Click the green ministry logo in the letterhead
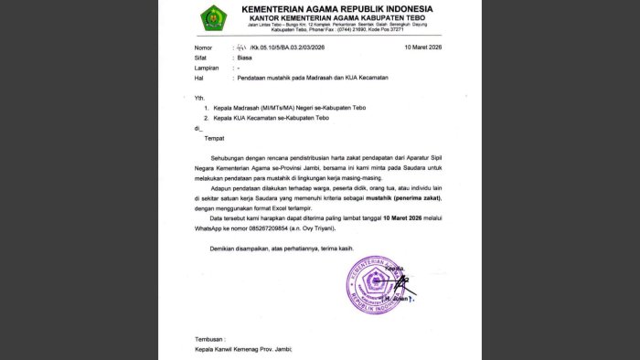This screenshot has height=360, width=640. [x=214, y=19]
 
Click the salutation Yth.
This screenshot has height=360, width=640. [x=199, y=97]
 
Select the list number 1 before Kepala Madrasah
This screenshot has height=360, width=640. [x=206, y=108]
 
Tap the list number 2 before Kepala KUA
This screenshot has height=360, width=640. [x=206, y=119]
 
